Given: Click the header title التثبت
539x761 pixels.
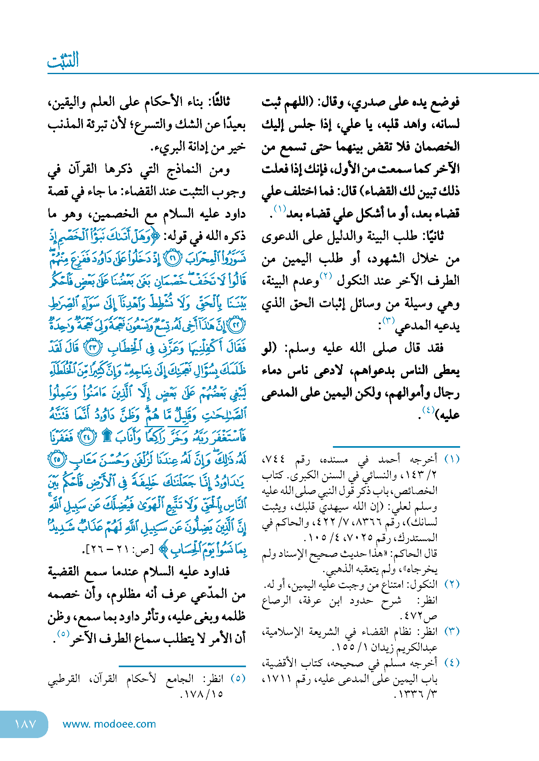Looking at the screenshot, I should (x=63, y=60).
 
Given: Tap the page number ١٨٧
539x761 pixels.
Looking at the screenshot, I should (x=25, y=724).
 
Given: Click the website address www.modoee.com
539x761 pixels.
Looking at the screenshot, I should (x=109, y=724).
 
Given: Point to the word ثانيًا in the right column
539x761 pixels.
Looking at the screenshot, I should (x=432, y=236).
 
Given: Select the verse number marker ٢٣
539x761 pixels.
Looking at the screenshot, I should (x=93, y=348).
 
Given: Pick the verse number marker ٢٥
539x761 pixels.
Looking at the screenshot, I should (x=57, y=459).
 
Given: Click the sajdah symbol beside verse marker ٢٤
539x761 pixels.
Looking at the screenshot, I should (x=107, y=436).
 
